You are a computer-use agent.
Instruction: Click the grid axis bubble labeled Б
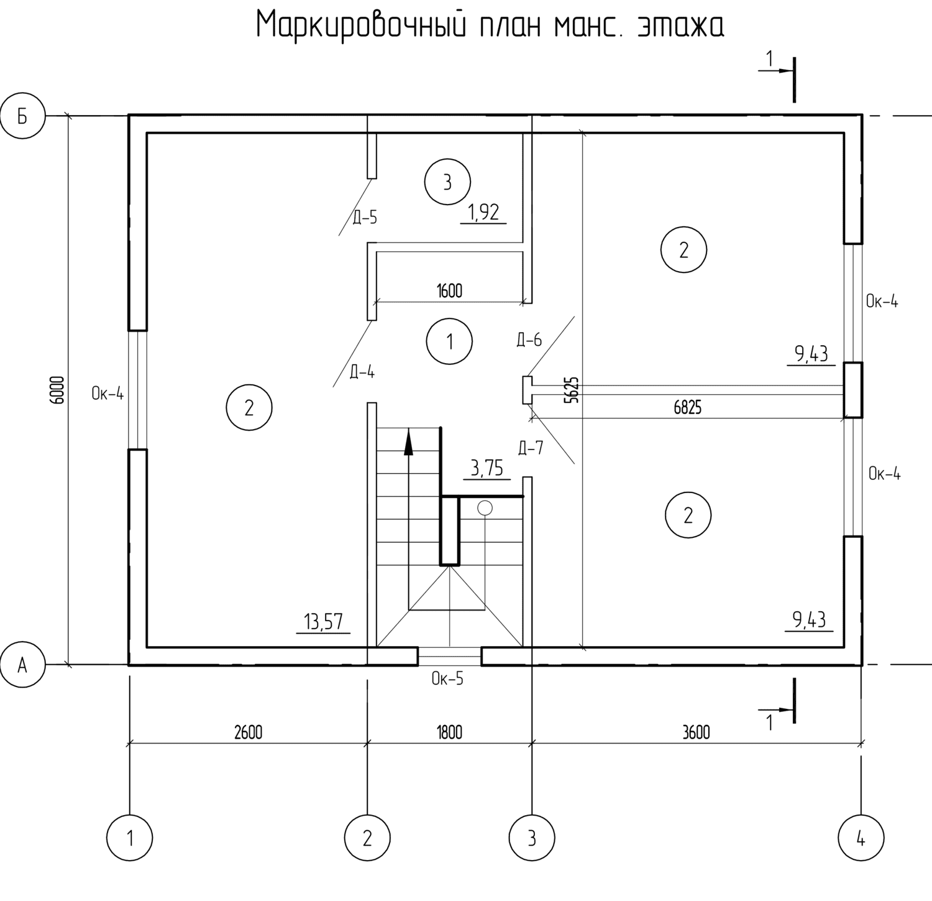[22, 116]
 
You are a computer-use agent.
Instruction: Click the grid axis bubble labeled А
[22, 665]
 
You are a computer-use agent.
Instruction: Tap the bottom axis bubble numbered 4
[861, 838]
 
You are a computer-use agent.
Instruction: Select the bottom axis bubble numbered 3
[532, 838]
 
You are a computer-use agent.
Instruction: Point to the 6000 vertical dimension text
[58, 390]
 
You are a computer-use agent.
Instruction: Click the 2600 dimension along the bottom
[248, 732]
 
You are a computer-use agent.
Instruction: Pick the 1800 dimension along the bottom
[449, 732]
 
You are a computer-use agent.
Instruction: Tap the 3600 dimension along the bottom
[696, 732]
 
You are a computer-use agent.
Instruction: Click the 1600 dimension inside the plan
[449, 291]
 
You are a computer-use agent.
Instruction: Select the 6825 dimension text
[687, 408]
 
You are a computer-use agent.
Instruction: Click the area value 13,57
[323, 621]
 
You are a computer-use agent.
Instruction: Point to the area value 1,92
[483, 213]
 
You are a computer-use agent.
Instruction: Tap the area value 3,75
[487, 468]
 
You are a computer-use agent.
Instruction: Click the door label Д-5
[365, 218]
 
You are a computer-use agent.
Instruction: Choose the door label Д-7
[530, 448]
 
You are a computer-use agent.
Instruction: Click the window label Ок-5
[447, 678]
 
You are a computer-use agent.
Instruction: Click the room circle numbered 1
[450, 341]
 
